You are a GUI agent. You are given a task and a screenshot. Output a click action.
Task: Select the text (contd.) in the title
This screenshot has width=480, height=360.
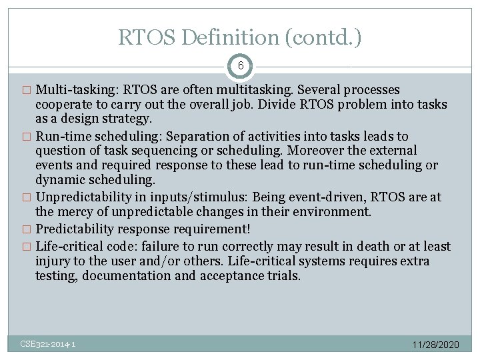point(323,37)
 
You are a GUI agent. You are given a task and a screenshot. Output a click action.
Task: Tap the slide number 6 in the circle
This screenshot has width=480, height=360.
point(240,66)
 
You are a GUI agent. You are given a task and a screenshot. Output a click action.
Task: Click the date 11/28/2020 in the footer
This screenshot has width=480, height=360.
point(435,345)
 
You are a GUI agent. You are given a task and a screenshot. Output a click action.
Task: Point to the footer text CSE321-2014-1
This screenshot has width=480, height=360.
point(47,344)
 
